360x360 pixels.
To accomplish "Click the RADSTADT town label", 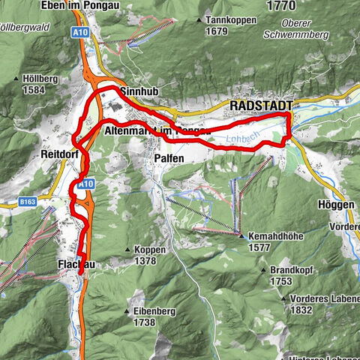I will tap(261, 106).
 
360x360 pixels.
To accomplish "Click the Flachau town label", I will tap(73, 265).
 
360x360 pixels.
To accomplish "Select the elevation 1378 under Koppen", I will tap(145, 261).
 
